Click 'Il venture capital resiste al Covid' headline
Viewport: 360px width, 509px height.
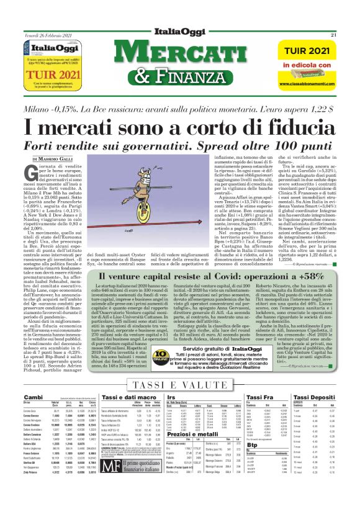tap(181, 275)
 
